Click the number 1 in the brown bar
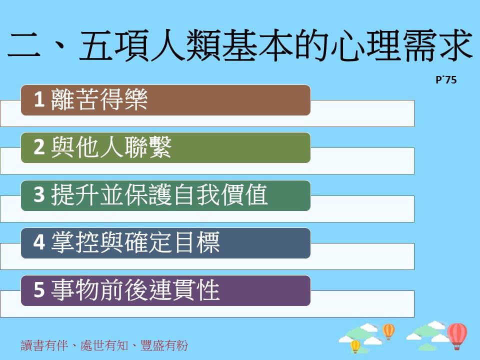click(x=39, y=99)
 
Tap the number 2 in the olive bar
click(x=39, y=147)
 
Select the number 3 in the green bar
click(x=39, y=194)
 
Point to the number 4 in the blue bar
click(x=39, y=242)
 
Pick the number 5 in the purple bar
click(x=39, y=290)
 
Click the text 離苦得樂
click(x=99, y=99)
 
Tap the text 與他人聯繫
click(x=111, y=147)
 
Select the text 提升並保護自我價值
click(x=159, y=194)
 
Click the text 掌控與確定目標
click(x=135, y=242)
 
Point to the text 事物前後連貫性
click(x=135, y=290)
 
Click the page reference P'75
click(x=446, y=80)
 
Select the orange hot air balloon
click(x=388, y=331)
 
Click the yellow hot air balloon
click(x=355, y=346)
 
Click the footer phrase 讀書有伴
click(x=44, y=345)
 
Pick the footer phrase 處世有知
click(x=104, y=345)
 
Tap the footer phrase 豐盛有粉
click(x=164, y=345)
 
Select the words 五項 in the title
click(x=114, y=45)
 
